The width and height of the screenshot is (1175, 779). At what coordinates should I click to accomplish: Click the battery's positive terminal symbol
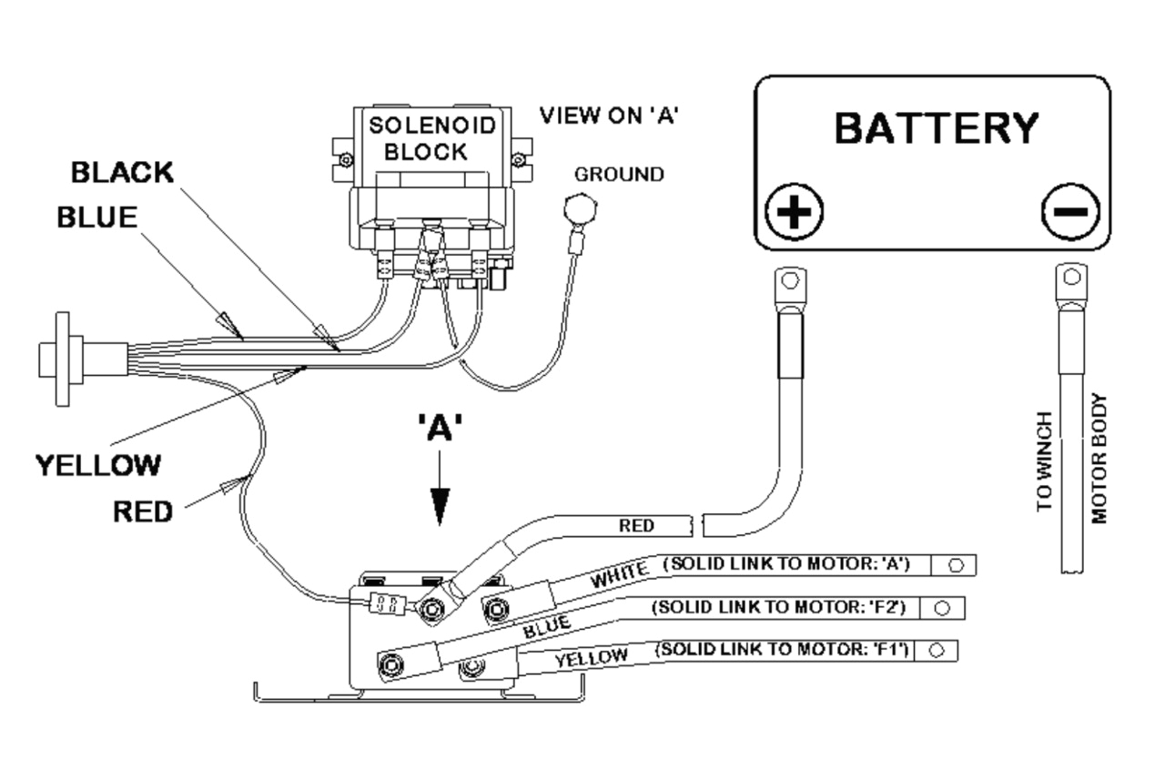(x=794, y=214)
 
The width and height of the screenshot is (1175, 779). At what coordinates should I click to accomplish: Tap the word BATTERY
(x=936, y=128)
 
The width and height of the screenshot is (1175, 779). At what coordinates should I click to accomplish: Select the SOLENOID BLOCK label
(x=432, y=138)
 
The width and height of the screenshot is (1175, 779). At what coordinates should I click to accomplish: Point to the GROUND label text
(x=618, y=174)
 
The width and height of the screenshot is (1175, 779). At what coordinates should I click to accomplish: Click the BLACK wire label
(x=122, y=172)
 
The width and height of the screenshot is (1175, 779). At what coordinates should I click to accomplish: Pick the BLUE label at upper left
(x=96, y=218)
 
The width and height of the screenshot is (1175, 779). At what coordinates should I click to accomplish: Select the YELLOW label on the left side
(x=97, y=465)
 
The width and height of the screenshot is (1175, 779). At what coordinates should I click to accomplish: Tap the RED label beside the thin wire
(x=142, y=512)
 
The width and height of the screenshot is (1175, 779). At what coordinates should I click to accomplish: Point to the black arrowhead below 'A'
(x=440, y=506)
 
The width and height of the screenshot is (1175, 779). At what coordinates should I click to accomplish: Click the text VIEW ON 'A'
(x=609, y=116)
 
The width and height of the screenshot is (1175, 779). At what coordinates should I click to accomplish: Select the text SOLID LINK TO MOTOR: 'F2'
(x=785, y=606)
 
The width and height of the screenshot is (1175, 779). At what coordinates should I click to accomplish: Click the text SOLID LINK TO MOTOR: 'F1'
(x=785, y=650)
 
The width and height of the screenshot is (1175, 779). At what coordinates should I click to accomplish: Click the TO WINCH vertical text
(x=1044, y=460)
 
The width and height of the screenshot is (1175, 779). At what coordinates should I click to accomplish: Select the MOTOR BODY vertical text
(x=1099, y=458)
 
